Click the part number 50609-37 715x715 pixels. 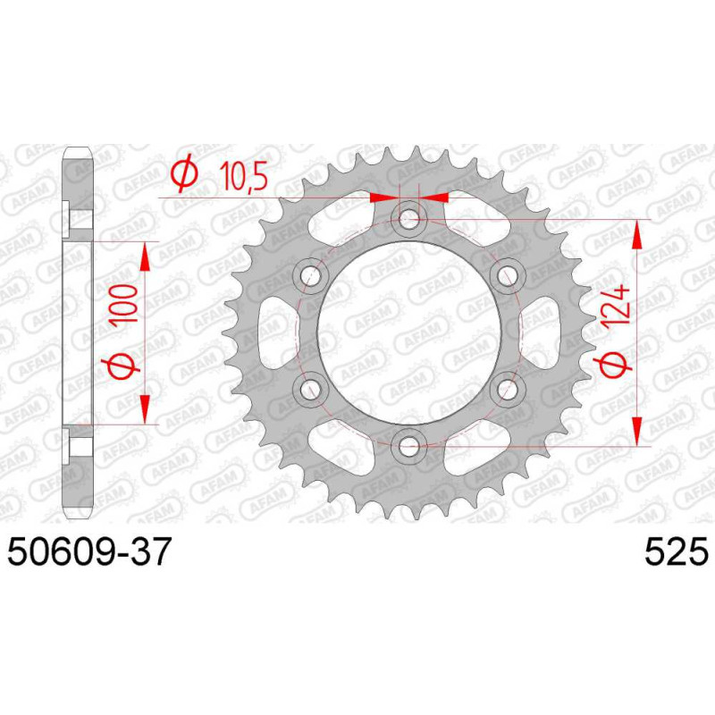[x=89, y=551]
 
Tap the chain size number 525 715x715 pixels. [x=677, y=551]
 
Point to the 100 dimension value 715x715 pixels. [x=125, y=304]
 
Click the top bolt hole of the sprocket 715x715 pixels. [x=408, y=220]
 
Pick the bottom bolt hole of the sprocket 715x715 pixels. [x=408, y=446]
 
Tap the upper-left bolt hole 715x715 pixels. [x=311, y=275]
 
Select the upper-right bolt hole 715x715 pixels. [x=507, y=275]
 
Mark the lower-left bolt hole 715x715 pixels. [x=311, y=389]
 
